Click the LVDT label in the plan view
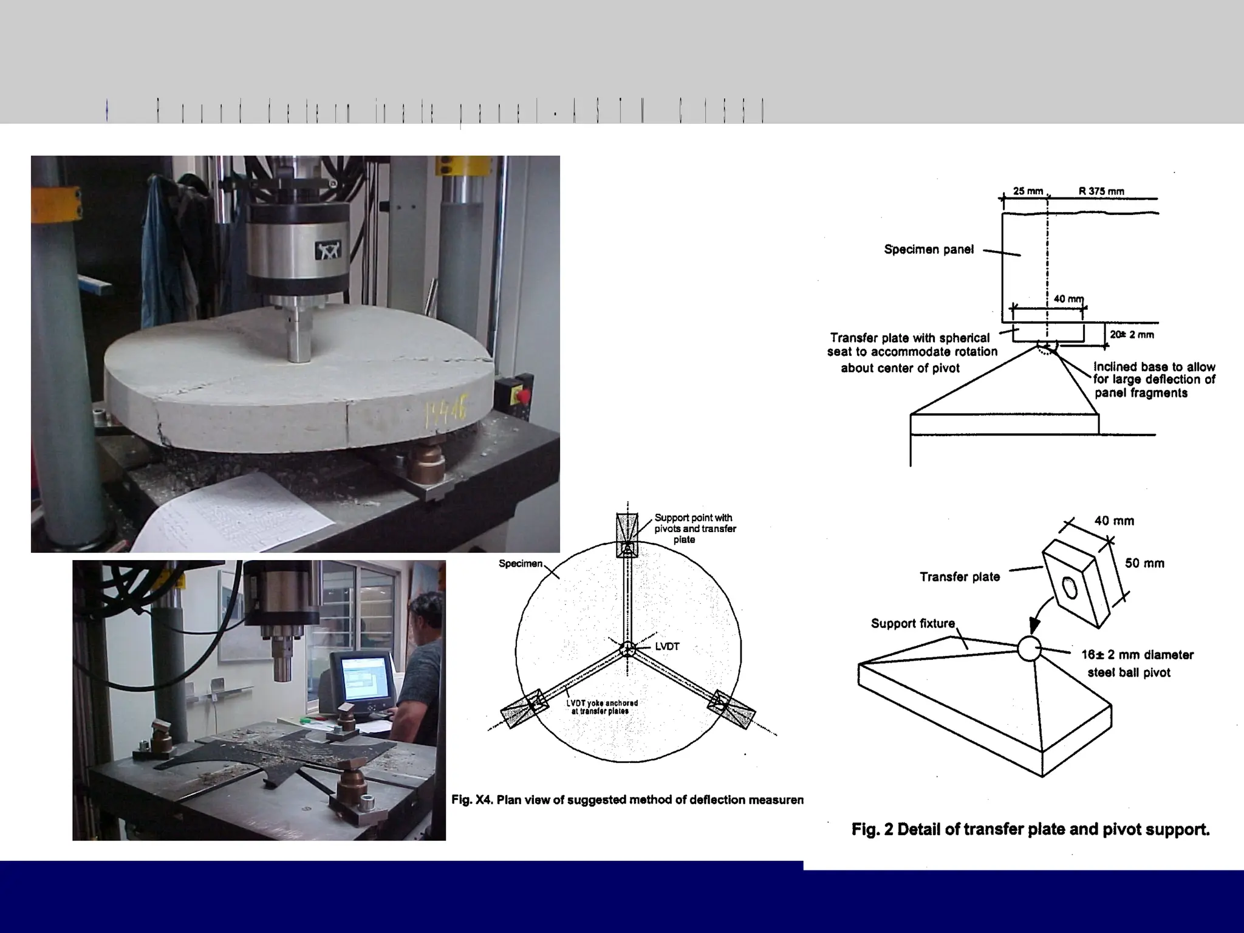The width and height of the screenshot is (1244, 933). pos(666,646)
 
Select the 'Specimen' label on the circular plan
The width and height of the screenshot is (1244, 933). pos(520,563)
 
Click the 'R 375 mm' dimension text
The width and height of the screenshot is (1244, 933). pos(1101,191)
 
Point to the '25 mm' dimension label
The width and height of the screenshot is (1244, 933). pos(1027,191)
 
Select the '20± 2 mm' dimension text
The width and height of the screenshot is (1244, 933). pos(1132,335)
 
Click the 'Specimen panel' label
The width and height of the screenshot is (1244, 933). pos(928,249)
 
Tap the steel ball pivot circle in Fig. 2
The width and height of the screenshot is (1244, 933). pos(1029,649)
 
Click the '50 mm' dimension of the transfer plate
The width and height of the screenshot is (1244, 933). pos(1144,563)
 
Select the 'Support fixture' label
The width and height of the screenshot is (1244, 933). pos(912,623)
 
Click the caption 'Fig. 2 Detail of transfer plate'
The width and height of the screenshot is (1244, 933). pos(1030,829)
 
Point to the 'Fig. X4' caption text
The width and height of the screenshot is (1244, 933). pos(627,799)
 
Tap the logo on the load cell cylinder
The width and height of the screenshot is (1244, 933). pos(327,250)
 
